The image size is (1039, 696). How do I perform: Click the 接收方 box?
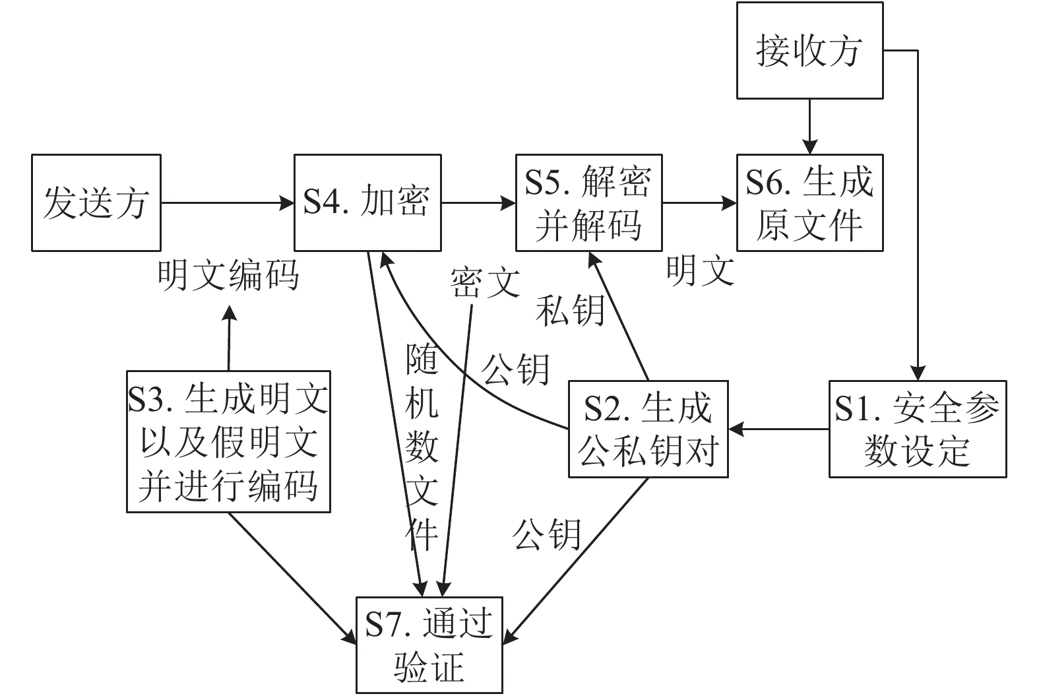click(809, 51)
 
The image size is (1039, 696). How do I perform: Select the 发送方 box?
click(96, 203)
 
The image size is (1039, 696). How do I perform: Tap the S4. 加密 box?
click(367, 203)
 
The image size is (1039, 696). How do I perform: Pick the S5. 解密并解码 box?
click(588, 203)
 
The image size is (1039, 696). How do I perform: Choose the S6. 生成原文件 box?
click(809, 203)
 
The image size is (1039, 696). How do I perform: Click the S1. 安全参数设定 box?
click(918, 429)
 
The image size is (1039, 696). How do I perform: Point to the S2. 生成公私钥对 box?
click(648, 429)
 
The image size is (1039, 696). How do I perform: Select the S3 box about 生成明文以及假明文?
click(228, 441)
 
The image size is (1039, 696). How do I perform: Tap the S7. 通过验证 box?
click(429, 645)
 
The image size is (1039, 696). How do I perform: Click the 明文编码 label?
click(228, 274)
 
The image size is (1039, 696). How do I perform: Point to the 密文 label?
click(486, 282)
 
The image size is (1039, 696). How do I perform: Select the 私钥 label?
click(570, 309)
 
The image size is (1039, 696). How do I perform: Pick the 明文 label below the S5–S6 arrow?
click(700, 270)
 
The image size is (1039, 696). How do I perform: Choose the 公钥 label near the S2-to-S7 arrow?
click(547, 534)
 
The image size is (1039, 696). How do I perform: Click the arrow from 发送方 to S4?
click(228, 203)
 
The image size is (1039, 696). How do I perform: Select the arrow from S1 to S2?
click(778, 429)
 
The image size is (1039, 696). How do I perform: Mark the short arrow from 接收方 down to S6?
click(809, 127)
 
